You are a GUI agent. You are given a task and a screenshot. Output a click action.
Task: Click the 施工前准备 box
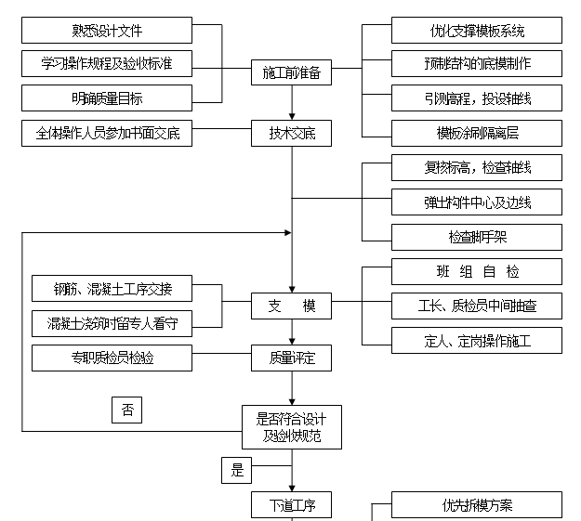291,73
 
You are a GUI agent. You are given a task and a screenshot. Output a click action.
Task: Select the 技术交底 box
291,133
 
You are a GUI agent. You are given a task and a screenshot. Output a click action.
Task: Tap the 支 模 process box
291,306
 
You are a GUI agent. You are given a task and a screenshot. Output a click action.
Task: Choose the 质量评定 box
291,357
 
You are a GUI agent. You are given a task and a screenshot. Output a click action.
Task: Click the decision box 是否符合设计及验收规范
291,426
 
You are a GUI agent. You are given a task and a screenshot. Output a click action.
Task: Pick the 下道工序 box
291,505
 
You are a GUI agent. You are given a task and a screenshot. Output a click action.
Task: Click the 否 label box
126,409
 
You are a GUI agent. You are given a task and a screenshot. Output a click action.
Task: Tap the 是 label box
237,470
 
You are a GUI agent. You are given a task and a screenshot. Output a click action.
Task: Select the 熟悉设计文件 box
107,32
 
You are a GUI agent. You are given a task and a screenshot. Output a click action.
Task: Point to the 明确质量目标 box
107,98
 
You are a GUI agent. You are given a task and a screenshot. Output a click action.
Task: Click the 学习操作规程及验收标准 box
107,64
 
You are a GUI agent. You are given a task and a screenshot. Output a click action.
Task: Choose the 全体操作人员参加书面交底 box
107,133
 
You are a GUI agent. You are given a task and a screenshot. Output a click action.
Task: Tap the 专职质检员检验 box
112,357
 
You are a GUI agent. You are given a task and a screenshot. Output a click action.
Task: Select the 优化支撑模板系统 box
476,31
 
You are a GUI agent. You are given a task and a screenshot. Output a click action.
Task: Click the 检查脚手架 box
476,237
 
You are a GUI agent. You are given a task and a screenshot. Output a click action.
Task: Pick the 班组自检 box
476,271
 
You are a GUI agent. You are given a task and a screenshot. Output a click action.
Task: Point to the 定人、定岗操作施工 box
476,340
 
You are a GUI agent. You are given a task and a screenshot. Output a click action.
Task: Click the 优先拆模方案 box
476,505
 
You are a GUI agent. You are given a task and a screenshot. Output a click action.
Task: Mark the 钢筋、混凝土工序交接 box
112,288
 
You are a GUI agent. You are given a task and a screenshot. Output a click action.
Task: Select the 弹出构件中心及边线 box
476,202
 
